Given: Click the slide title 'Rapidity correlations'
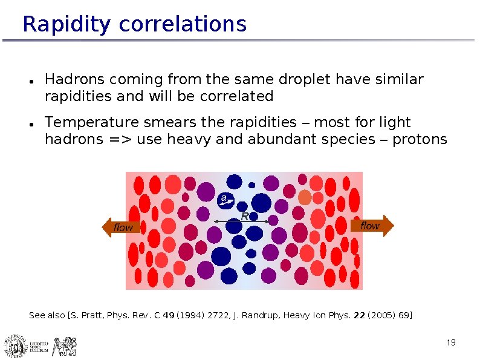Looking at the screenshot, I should (x=134, y=24).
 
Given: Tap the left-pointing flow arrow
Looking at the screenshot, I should (x=120, y=227).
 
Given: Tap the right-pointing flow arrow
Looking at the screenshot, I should (x=371, y=225).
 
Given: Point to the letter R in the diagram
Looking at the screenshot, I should (x=245, y=216).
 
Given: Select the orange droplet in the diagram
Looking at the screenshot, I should (x=305, y=197).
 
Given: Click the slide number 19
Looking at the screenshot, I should (x=450, y=343).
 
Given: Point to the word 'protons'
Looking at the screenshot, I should (x=420, y=140).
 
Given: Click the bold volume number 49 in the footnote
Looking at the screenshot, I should (x=169, y=315).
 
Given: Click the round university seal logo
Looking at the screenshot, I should (x=14, y=345).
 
